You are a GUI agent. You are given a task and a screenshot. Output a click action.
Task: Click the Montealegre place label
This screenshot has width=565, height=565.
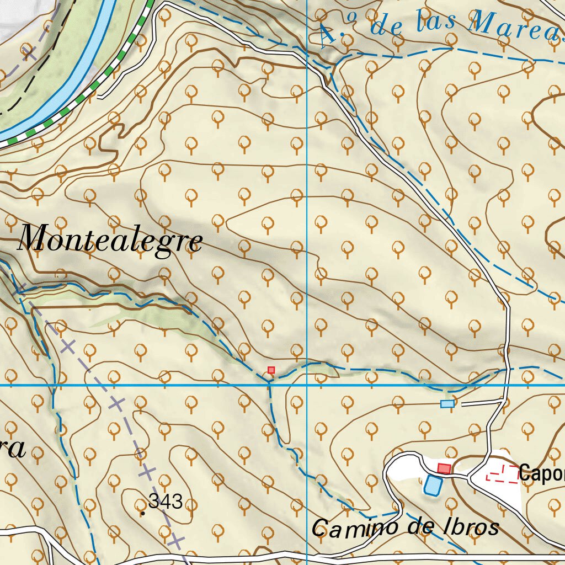tap(110, 240)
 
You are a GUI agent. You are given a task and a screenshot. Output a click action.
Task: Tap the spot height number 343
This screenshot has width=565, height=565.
tap(166, 502)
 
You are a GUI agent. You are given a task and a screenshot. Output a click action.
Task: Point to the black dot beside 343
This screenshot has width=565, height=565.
tap(143, 513)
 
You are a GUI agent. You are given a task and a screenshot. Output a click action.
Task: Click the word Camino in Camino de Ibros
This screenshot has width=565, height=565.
tap(353, 528)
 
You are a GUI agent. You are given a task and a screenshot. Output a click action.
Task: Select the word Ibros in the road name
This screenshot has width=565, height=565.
tap(471, 527)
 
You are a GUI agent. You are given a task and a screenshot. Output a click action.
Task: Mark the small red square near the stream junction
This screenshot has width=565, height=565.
tap(271, 370)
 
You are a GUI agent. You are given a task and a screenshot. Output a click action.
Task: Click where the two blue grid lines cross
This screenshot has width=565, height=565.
tap(307, 385)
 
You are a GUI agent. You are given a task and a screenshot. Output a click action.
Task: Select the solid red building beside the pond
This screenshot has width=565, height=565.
tap(444, 468)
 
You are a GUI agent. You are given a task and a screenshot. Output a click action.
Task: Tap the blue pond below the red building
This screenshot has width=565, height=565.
tap(432, 485)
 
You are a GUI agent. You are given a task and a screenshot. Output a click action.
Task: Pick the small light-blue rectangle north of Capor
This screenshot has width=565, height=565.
tap(447, 404)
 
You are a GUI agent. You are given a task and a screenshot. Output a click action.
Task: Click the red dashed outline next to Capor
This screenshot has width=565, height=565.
tap(502, 473)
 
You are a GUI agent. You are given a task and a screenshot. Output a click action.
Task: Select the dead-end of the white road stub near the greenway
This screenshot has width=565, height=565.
tap(100, 97)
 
